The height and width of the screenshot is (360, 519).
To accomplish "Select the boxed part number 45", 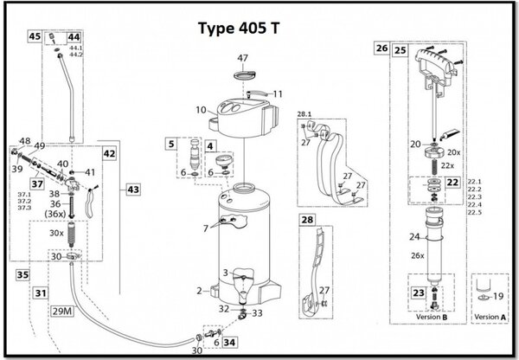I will [x=35, y=37].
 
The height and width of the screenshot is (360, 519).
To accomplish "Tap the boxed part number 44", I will [x=74, y=37].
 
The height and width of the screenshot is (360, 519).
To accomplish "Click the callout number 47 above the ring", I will [x=244, y=58].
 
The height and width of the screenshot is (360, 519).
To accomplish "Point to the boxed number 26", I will [x=381, y=49].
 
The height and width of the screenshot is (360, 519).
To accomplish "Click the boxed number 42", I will [x=109, y=153].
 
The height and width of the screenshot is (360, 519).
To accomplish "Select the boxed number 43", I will [x=132, y=189].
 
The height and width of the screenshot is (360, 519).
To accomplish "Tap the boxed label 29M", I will [x=61, y=308].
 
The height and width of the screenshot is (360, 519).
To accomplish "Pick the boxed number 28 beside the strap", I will [x=306, y=221].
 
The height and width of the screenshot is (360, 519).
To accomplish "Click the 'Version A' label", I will [x=492, y=318].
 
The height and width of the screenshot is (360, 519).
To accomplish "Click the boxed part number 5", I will [x=172, y=143].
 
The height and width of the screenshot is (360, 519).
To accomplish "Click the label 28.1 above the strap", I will [x=304, y=113].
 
